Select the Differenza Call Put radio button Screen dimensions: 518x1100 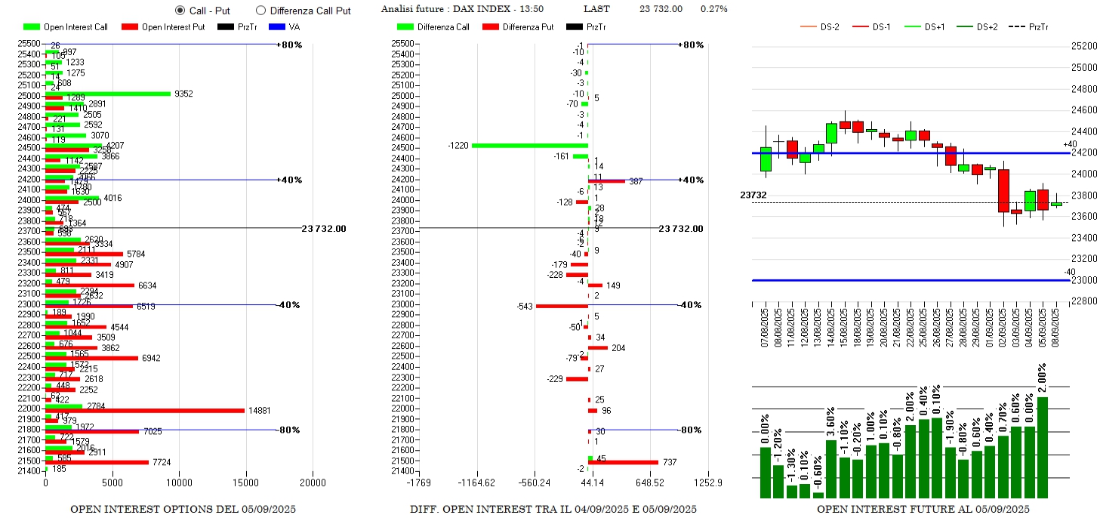(x=261, y=11)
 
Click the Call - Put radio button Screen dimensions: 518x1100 (x=180, y=11)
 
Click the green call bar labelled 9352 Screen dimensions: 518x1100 (x=108, y=94)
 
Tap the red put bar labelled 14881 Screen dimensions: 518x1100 (x=145, y=411)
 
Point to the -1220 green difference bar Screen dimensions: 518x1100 (x=529, y=145)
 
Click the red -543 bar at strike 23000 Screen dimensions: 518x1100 (x=562, y=306)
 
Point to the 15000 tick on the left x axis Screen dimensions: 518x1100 (x=247, y=483)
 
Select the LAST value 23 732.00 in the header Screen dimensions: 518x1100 (x=661, y=9)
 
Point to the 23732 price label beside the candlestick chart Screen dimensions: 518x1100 (x=753, y=195)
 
